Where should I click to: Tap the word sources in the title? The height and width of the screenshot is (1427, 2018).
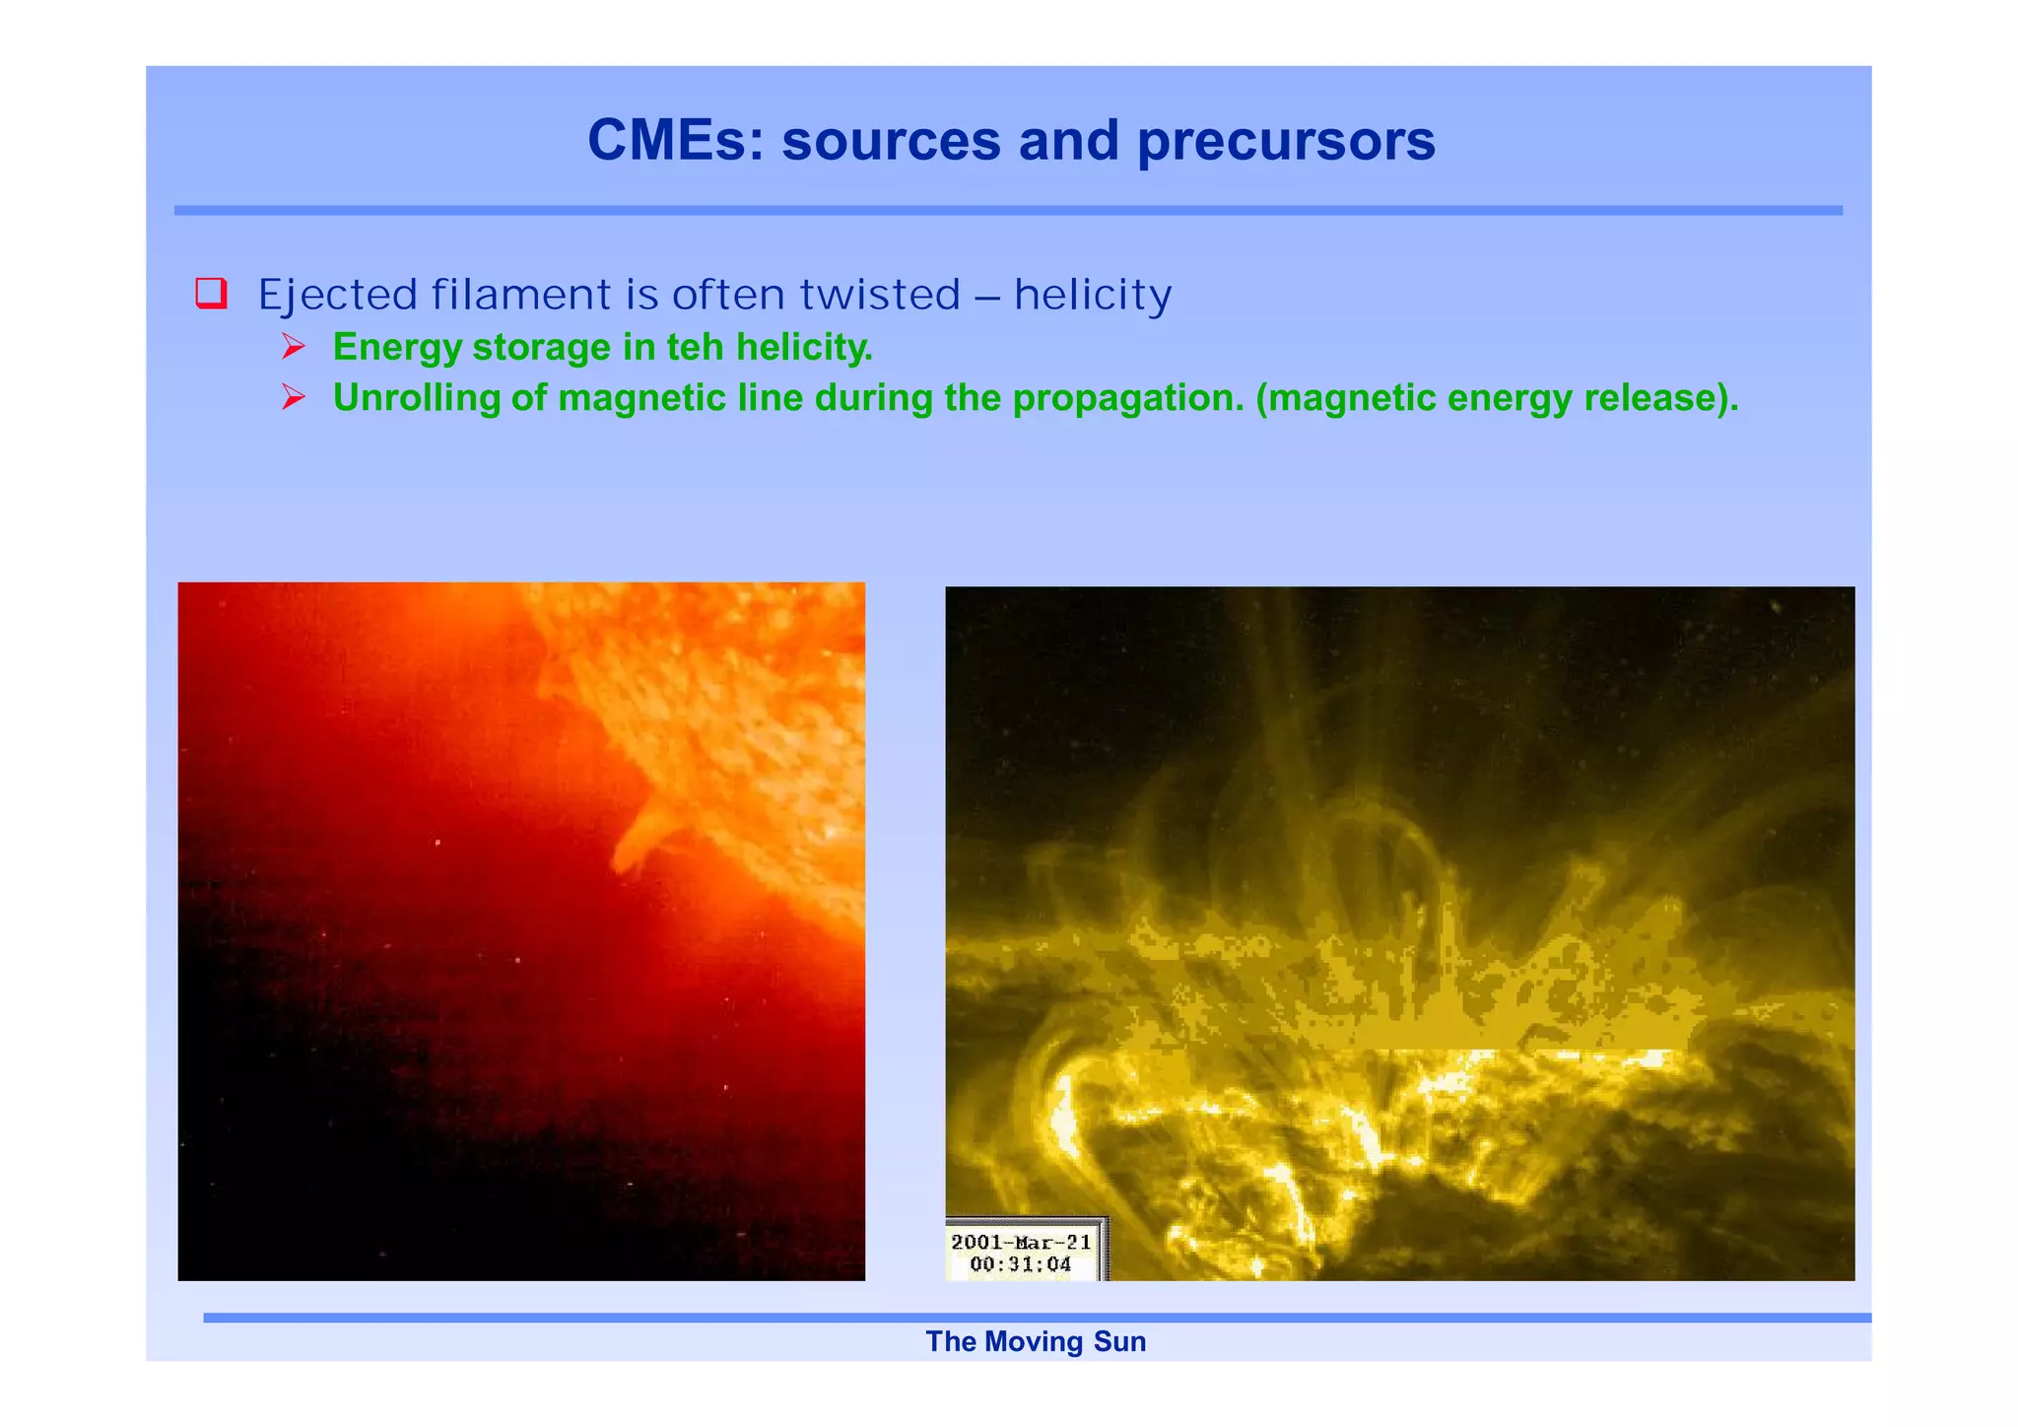pyautogui.click(x=891, y=141)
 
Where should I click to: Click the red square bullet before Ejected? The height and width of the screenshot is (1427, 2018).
pyautogui.click(x=212, y=294)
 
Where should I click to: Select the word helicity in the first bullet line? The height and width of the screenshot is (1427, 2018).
pyautogui.click(x=1093, y=295)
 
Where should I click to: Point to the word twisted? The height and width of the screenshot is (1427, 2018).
pyautogui.click(x=879, y=295)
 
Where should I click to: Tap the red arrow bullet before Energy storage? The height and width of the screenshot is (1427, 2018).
pyautogui.click(x=293, y=346)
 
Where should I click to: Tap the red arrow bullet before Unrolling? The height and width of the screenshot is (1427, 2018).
pyautogui.click(x=293, y=397)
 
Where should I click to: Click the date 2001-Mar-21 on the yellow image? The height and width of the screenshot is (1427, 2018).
pyautogui.click(x=1021, y=1243)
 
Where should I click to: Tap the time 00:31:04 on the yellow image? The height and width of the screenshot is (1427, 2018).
pyautogui.click(x=1021, y=1264)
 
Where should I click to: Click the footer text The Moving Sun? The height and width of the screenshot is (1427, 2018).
pyautogui.click(x=1036, y=1342)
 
